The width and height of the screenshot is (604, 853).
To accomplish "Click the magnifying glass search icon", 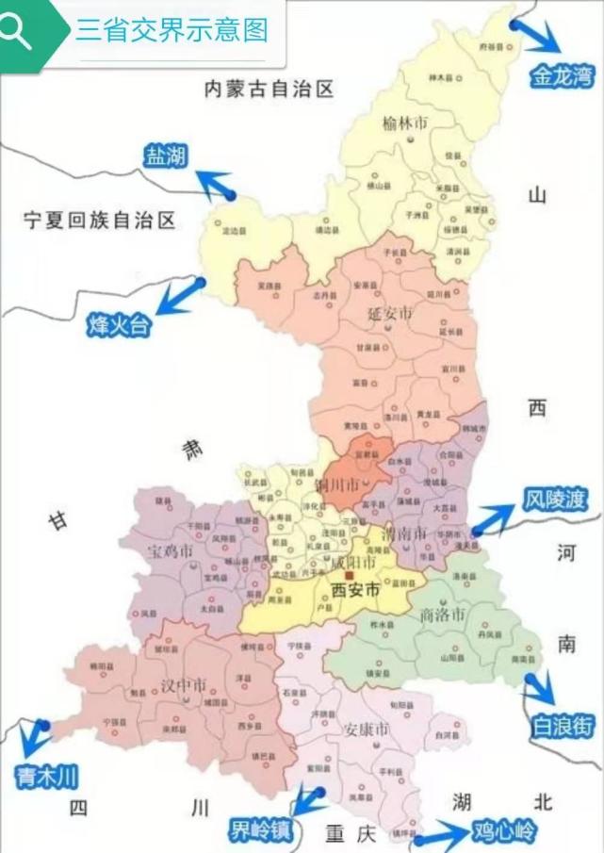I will (x=17, y=31).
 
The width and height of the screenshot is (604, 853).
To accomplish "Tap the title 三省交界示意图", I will (x=171, y=30).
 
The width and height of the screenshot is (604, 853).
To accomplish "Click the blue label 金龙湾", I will (x=562, y=76).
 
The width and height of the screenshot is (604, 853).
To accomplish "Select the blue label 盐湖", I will (x=164, y=156).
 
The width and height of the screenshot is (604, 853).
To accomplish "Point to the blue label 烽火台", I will (x=118, y=326).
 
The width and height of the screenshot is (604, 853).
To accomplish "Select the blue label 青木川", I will (x=45, y=777).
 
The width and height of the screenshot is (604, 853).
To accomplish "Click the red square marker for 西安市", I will (x=349, y=575).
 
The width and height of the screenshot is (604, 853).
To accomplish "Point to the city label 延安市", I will (x=391, y=312).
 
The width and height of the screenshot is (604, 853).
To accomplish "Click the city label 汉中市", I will (x=185, y=685).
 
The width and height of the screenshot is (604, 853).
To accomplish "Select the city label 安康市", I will (x=367, y=730).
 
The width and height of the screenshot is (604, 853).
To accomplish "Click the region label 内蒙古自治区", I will (x=270, y=90).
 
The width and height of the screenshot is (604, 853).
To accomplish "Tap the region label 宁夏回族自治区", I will (x=101, y=221).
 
